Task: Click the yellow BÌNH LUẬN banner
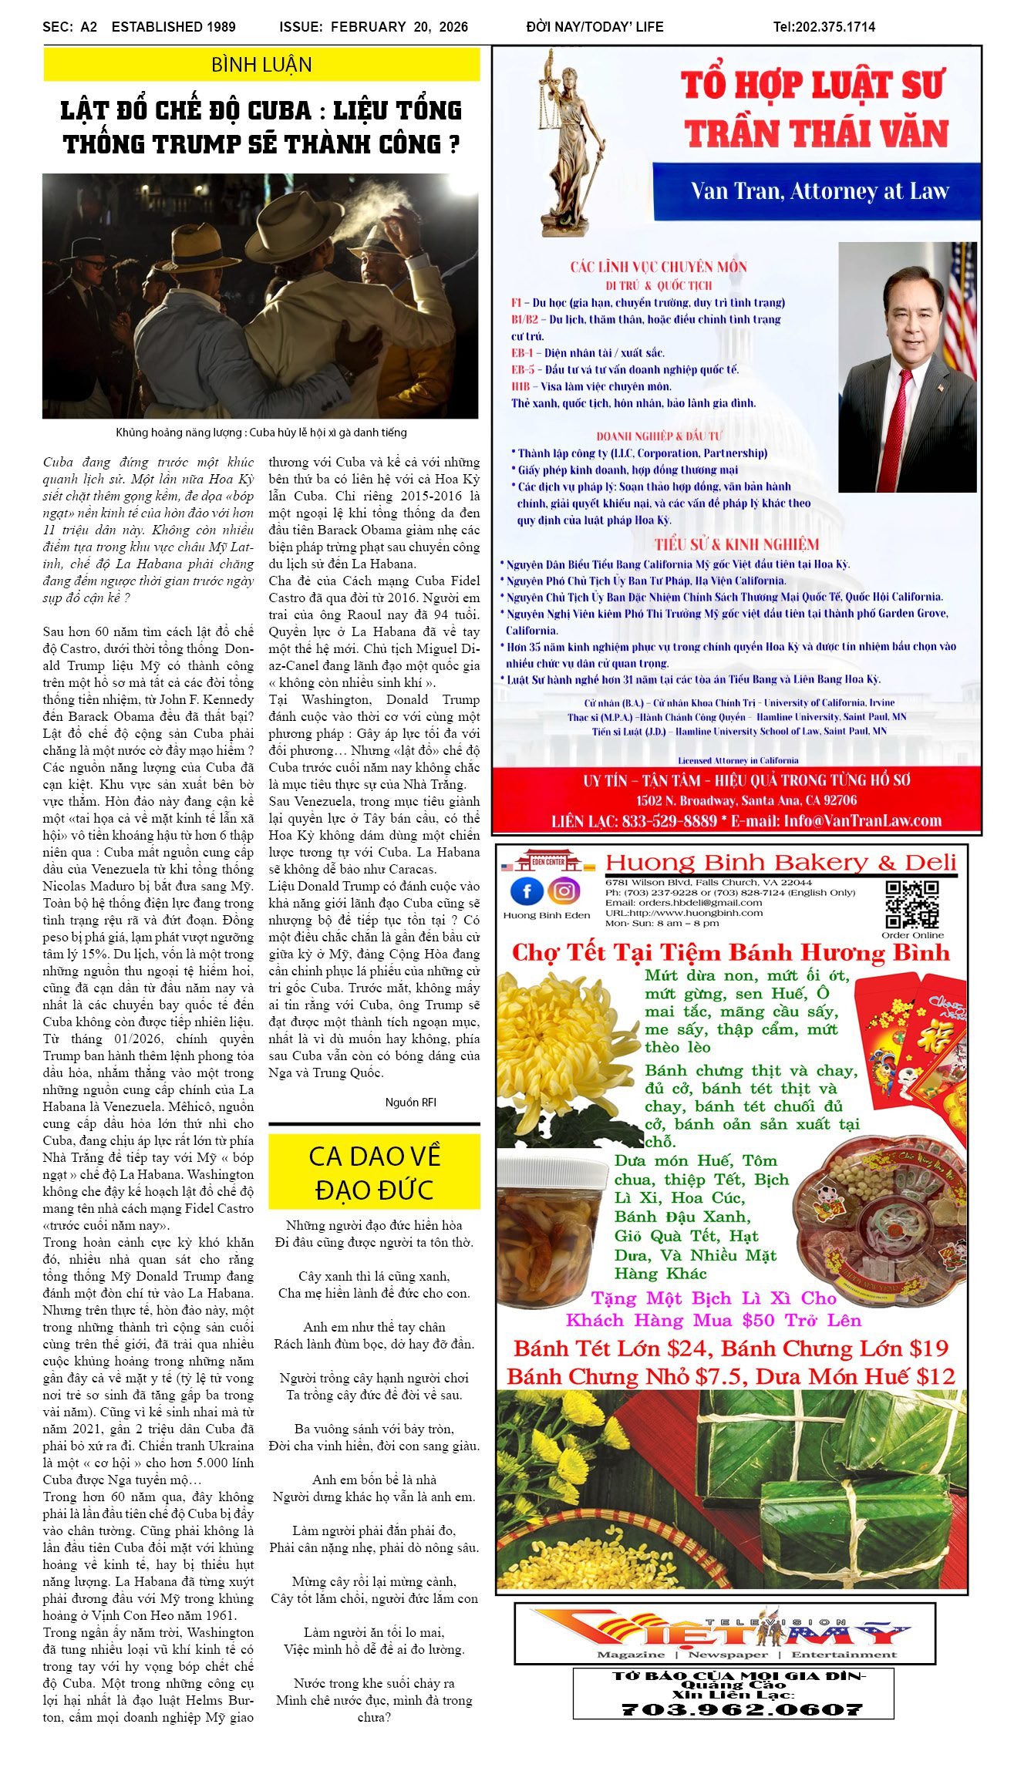[261, 65]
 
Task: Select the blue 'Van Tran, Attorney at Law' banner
[817, 191]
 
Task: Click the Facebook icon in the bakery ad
[526, 892]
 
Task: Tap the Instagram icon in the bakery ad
[564, 892]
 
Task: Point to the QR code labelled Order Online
[912, 904]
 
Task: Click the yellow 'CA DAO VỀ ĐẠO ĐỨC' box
[374, 1173]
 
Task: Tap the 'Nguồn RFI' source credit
[410, 1103]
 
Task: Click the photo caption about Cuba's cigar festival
[261, 433]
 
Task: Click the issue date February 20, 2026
[399, 27]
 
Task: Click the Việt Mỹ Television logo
[725, 1628]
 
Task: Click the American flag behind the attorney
[962, 293]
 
